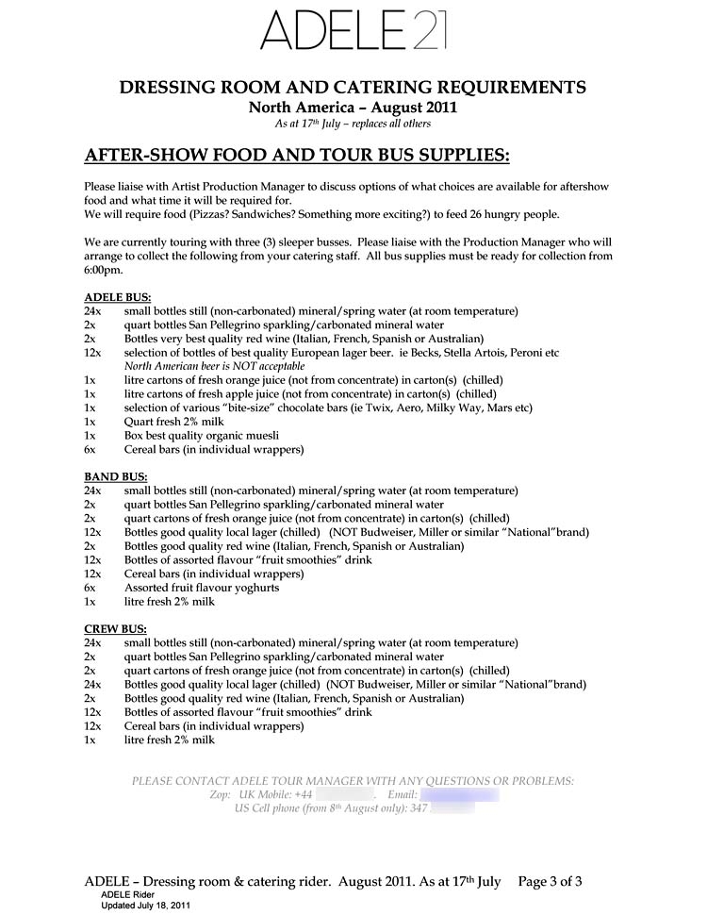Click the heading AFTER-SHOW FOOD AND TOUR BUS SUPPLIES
[x=297, y=155]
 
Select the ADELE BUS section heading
[x=118, y=297]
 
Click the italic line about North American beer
[x=215, y=366]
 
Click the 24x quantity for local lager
[x=92, y=684]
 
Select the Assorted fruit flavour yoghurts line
[x=202, y=588]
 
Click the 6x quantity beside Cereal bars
[x=90, y=450]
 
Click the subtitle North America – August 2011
[x=353, y=108]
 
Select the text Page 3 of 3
[x=550, y=882]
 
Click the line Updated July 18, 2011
[x=146, y=906]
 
